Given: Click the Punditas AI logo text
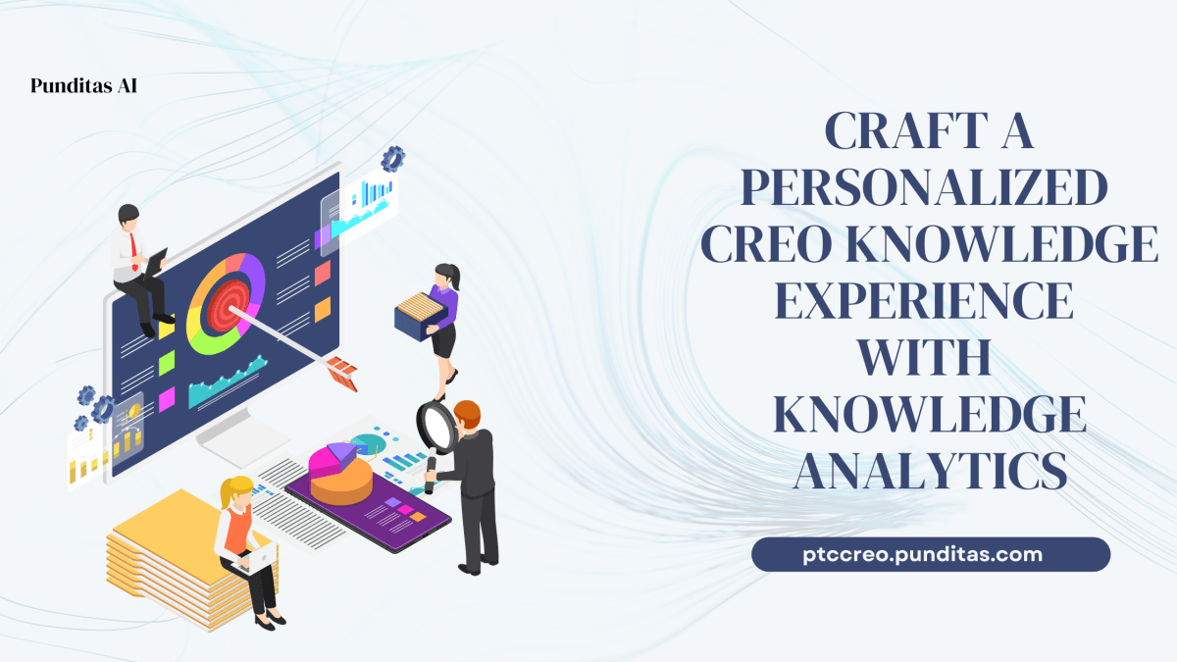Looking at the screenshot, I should pyautogui.click(x=83, y=85).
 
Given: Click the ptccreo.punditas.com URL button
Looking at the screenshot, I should pyautogui.click(x=930, y=554).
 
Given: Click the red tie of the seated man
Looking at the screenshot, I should pyautogui.click(x=135, y=252).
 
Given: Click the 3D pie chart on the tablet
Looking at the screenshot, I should pyautogui.click(x=340, y=471).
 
